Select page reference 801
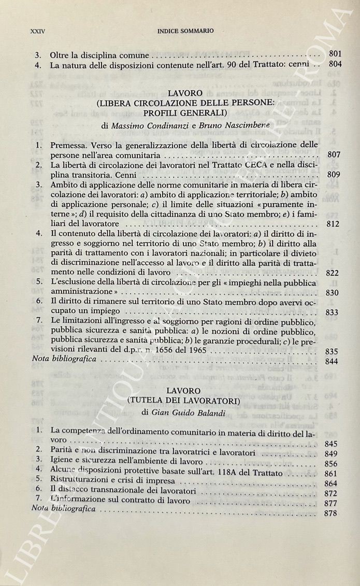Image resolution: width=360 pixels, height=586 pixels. point(335,54)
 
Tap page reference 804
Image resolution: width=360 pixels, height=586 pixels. point(335,65)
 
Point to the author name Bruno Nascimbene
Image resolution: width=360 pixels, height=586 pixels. point(225,126)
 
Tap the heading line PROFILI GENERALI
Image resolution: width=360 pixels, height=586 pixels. point(179,113)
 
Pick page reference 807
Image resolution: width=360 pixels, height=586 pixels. point(334,155)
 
